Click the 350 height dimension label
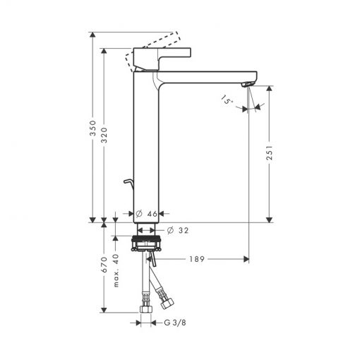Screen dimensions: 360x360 pyautogui.click(x=93, y=128)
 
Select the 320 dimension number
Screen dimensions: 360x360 pyautogui.click(x=104, y=135)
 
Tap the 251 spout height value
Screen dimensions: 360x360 pyautogui.click(x=270, y=152)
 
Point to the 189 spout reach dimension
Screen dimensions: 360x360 pyautogui.click(x=197, y=259)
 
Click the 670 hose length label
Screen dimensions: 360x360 pyautogui.click(x=104, y=265)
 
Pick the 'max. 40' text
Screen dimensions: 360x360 pyautogui.click(x=116, y=270)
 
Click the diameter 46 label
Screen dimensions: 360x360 pyautogui.click(x=146, y=214)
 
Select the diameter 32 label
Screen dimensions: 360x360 pyautogui.click(x=178, y=230)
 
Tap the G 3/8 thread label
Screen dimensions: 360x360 pyautogui.click(x=175, y=323)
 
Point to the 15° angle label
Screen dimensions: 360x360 pyautogui.click(x=227, y=100)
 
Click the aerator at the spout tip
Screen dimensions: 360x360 pyautogui.click(x=248, y=84)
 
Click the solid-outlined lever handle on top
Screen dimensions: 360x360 pyautogui.click(x=162, y=59)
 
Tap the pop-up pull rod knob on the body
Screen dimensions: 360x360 pyautogui.click(x=129, y=182)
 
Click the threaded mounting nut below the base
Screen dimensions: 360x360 pyautogui.click(x=146, y=243)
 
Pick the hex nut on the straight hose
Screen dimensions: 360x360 pyautogui.click(x=146, y=309)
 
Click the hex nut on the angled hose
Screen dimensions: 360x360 pyautogui.click(x=167, y=303)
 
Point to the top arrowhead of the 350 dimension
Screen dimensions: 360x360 pyautogui.click(x=93, y=35)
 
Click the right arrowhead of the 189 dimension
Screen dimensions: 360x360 pyautogui.click(x=246, y=259)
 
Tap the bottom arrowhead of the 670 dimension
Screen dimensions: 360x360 pyautogui.click(x=104, y=310)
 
